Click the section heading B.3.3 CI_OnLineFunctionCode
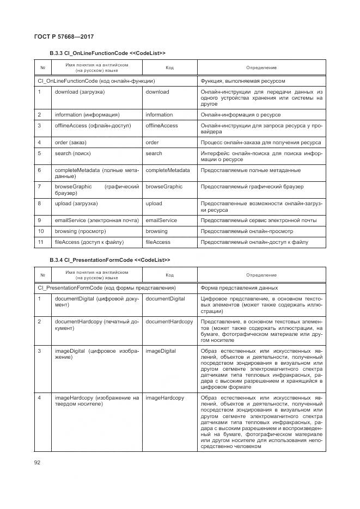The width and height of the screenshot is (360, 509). (x=107, y=53)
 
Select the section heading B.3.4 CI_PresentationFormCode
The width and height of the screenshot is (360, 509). (x=109, y=260)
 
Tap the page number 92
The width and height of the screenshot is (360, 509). (x=38, y=463)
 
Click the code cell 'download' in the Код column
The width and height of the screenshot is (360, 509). (x=157, y=92)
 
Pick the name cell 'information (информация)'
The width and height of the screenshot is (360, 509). (x=87, y=115)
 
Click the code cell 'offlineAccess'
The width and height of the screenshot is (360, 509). (x=162, y=126)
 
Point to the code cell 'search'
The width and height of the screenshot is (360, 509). (x=154, y=154)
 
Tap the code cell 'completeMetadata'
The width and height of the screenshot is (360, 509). (x=168, y=170)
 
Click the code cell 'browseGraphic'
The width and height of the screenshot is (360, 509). (x=164, y=187)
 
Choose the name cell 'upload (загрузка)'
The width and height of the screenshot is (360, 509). (x=76, y=204)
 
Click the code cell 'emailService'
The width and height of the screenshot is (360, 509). (x=161, y=220)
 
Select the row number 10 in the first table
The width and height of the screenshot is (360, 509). (x=41, y=231)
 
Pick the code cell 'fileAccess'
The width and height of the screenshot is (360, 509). (x=158, y=242)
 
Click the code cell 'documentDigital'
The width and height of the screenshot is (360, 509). (x=166, y=299)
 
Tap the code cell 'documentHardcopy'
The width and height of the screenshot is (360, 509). (x=169, y=322)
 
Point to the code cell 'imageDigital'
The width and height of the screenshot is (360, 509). (x=161, y=351)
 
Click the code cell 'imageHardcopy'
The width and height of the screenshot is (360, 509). (x=164, y=398)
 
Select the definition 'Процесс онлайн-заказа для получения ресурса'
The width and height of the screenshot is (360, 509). (x=260, y=143)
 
